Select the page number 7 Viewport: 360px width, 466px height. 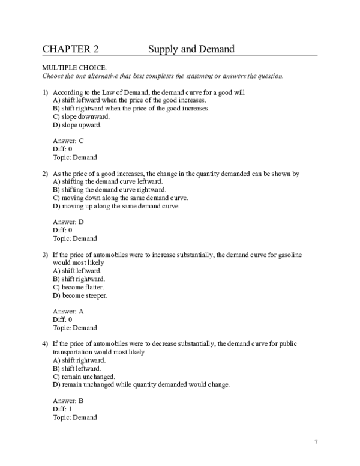tap(316, 442)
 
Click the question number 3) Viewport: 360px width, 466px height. tap(45, 255)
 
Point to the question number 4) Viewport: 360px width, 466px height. tap(45, 344)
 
